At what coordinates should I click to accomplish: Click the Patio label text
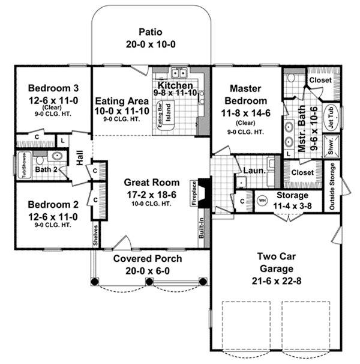[x=150, y=32]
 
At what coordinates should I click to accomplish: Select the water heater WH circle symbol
[x=262, y=200]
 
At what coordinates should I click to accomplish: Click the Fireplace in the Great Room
[x=203, y=191]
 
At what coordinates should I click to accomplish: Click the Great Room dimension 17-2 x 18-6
[x=149, y=193]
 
